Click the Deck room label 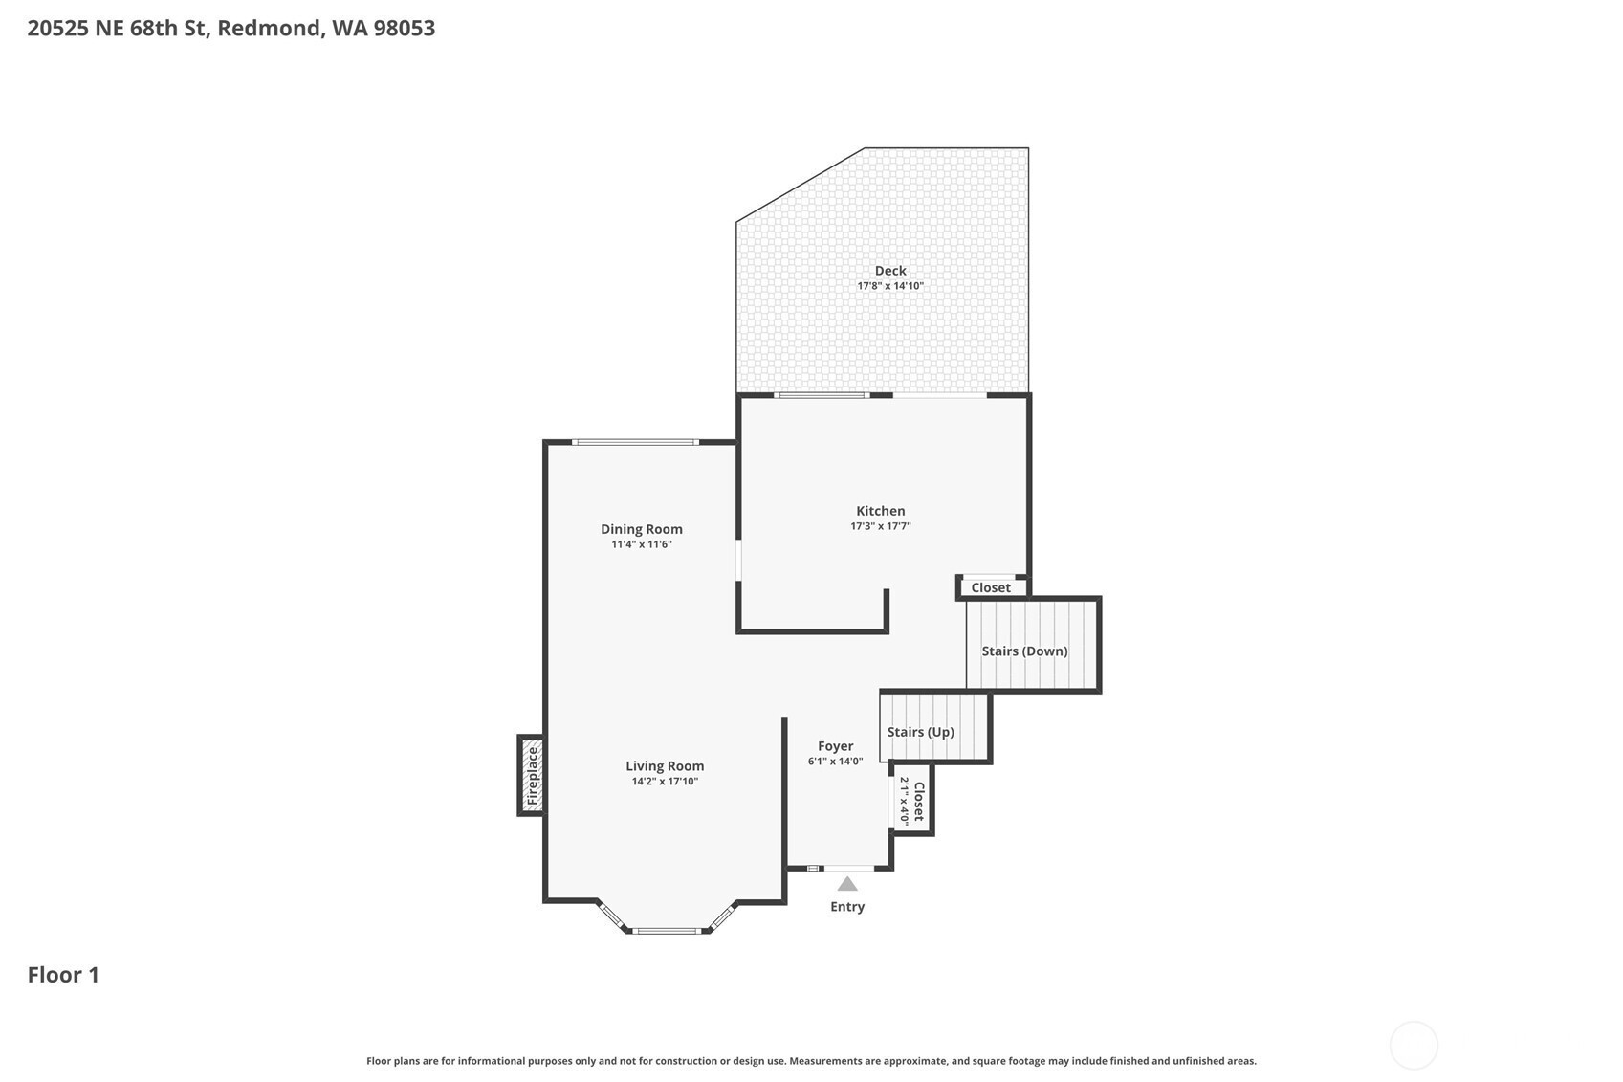(x=890, y=271)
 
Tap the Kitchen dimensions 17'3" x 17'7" (x=880, y=526)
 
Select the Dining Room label (x=641, y=529)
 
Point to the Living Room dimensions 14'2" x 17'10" (x=665, y=782)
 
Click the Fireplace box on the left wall (x=532, y=776)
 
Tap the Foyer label (x=836, y=746)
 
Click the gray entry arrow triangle (x=847, y=884)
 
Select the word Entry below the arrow (x=847, y=907)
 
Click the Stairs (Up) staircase (x=934, y=727)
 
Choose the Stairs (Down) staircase (x=1033, y=644)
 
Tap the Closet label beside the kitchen (x=991, y=587)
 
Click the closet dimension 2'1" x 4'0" (x=904, y=801)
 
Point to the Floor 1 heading (x=63, y=975)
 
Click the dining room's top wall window (x=635, y=441)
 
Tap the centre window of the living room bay (x=667, y=931)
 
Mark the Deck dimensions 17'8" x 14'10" (x=890, y=285)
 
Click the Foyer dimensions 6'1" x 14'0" (x=836, y=761)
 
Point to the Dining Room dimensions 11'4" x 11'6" (x=641, y=544)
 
